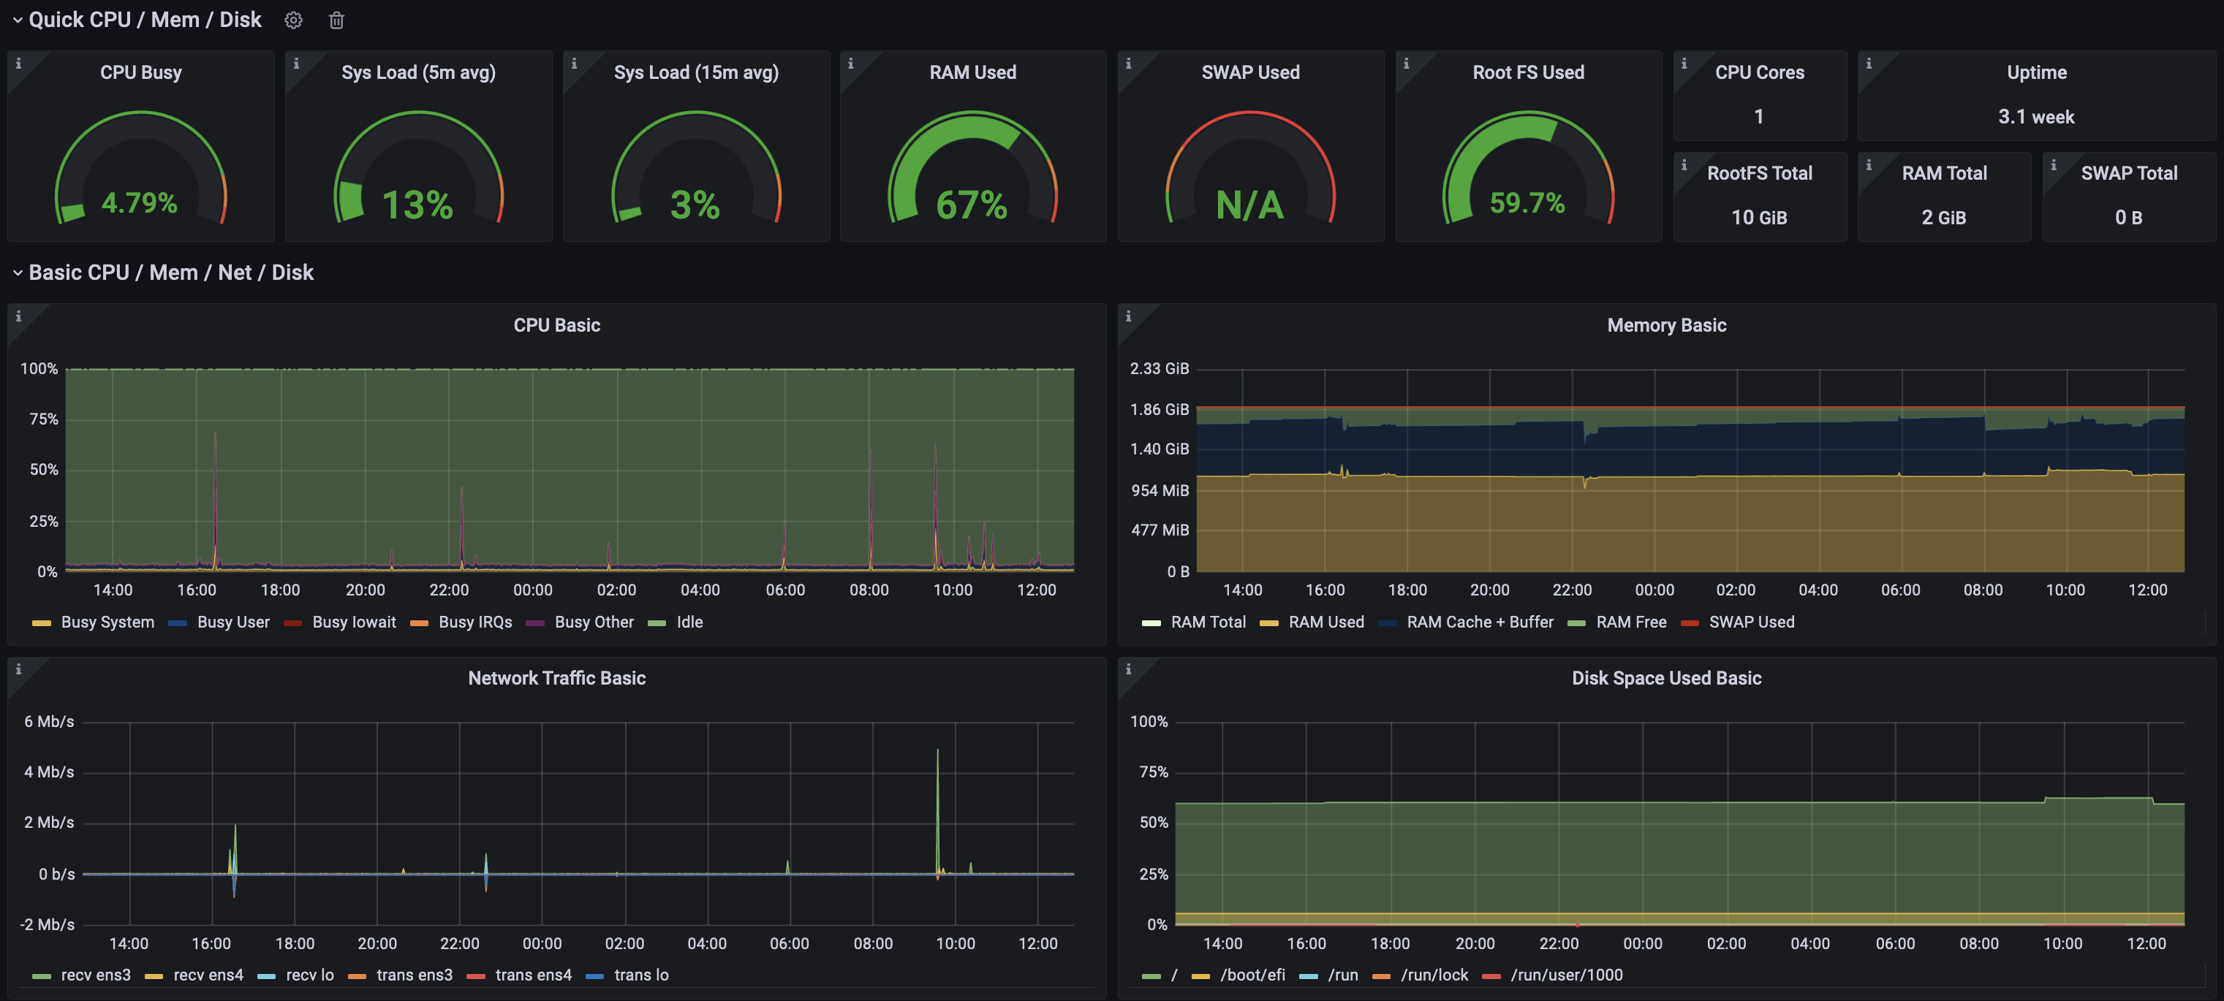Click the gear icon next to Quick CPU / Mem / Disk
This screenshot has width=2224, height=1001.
[x=294, y=20]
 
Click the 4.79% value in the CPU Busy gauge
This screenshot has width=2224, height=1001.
[x=139, y=203]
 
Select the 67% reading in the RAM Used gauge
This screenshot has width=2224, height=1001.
[x=972, y=205]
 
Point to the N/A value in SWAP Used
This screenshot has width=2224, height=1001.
[x=1249, y=205]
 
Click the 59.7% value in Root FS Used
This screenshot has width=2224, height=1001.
[x=1527, y=203]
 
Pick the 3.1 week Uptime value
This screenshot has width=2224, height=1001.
[x=2036, y=116]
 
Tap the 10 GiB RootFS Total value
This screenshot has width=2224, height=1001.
[x=1758, y=218]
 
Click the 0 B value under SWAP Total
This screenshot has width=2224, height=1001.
[x=2128, y=218]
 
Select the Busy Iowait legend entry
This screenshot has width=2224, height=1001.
[x=353, y=623]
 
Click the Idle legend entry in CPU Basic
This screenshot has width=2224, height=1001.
[x=689, y=623]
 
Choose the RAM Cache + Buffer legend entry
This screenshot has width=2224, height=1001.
[x=1479, y=623]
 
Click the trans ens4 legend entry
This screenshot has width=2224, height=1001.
[x=533, y=975]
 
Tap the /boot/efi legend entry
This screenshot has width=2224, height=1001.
[x=1252, y=975]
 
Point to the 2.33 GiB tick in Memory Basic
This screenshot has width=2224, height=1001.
[x=1160, y=368]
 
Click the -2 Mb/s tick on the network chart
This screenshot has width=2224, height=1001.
[x=48, y=924]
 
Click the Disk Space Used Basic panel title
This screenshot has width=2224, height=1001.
[x=1666, y=678]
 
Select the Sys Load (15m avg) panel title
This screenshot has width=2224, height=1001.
[x=696, y=72]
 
